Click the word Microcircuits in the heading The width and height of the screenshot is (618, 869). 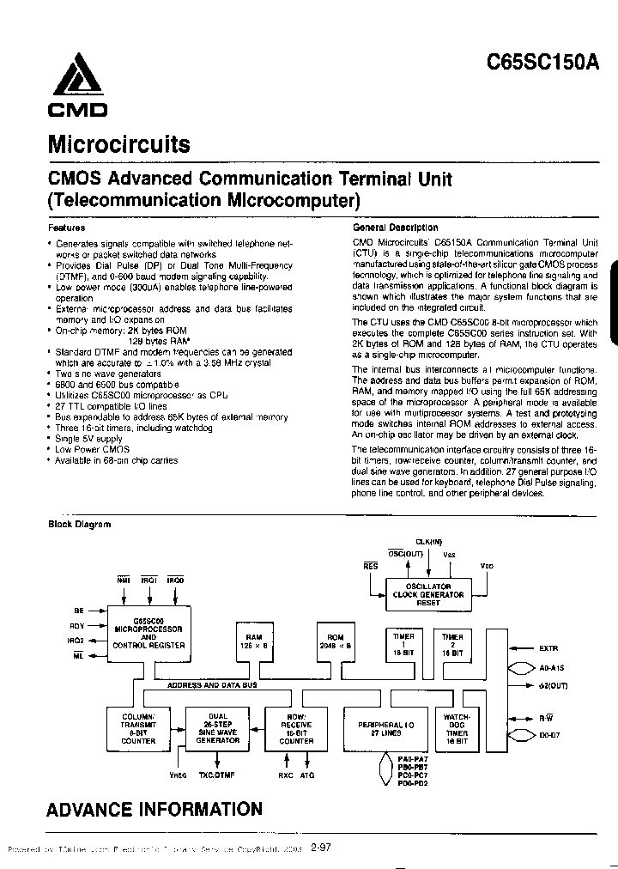[118, 143]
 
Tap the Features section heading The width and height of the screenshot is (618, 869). [65, 228]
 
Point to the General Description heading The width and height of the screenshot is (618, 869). [395, 228]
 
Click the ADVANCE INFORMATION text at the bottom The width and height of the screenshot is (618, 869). [154, 809]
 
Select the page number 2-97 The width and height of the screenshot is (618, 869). [321, 848]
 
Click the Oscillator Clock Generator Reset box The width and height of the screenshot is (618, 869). [427, 594]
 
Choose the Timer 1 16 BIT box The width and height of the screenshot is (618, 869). [403, 644]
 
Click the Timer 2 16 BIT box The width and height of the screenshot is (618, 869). [452, 644]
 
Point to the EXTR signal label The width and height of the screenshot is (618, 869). [549, 648]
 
